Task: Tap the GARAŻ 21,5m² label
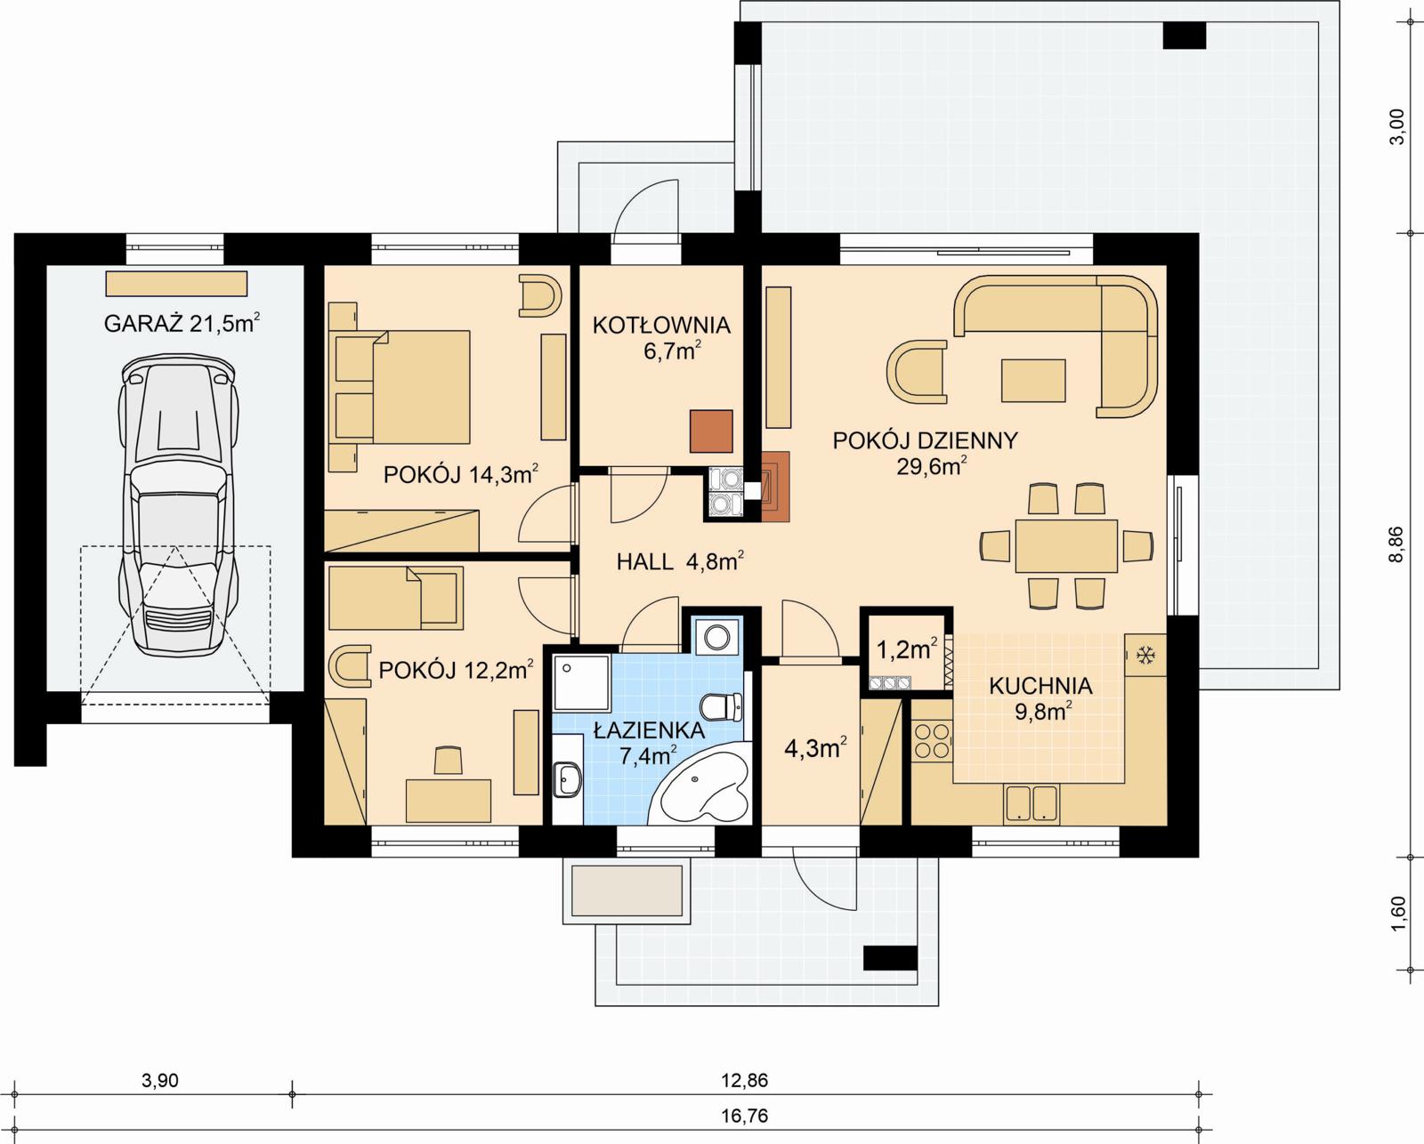click(x=182, y=323)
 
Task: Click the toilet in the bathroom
click(x=722, y=708)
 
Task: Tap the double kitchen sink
click(x=1032, y=802)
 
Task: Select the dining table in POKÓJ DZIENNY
click(x=1066, y=545)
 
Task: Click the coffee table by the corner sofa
click(x=1033, y=380)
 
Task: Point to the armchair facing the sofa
click(x=916, y=370)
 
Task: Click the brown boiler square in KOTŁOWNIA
click(x=711, y=431)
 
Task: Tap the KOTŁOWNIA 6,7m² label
click(x=661, y=338)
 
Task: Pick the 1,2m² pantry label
click(x=907, y=649)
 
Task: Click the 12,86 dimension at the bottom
click(x=744, y=1081)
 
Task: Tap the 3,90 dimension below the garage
click(x=160, y=1081)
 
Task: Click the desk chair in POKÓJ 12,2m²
click(x=449, y=761)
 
